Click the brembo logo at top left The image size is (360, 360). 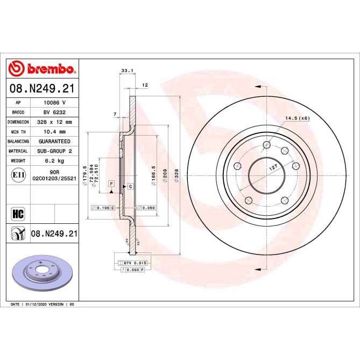pos(41,68)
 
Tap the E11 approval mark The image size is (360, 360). pos(18,174)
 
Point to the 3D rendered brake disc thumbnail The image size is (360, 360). pos(42,271)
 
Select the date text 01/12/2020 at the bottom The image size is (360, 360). pos(37,304)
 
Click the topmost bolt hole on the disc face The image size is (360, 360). pos(266,144)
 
